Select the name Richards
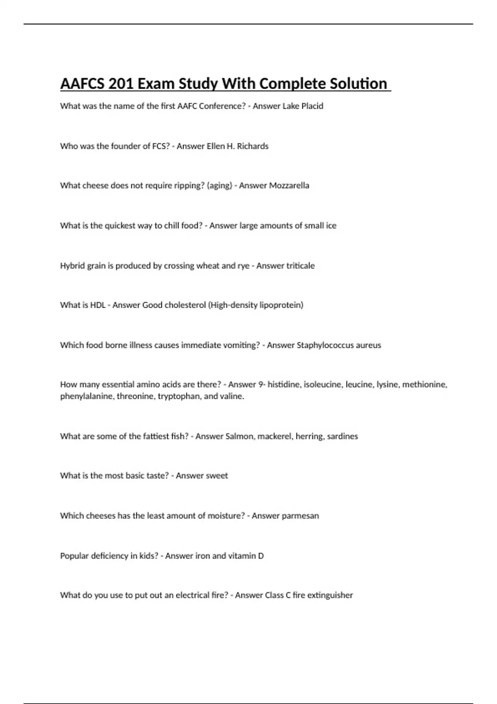(x=253, y=146)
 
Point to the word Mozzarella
(x=289, y=186)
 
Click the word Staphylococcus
(x=323, y=345)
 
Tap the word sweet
(x=214, y=476)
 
